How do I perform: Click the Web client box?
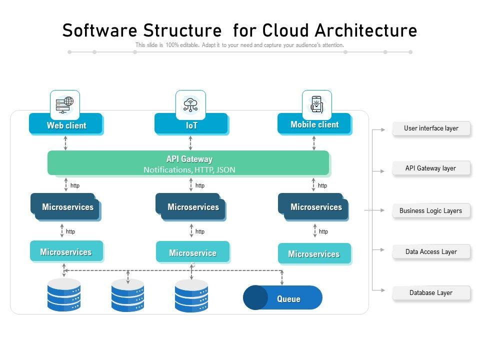click(x=66, y=125)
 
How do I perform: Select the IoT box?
click(x=191, y=125)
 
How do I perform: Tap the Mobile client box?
click(x=314, y=124)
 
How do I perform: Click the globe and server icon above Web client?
click(x=65, y=104)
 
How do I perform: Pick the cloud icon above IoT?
click(x=190, y=104)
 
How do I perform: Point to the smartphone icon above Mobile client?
click(x=316, y=104)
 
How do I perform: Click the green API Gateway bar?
click(x=188, y=163)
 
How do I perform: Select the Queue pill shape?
click(x=283, y=298)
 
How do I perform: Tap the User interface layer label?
click(x=431, y=128)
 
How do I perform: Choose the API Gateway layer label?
click(x=430, y=168)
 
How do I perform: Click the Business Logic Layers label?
click(x=430, y=210)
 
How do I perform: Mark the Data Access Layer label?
click(x=431, y=251)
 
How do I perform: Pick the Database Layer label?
click(x=431, y=293)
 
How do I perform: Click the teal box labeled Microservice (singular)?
click(x=192, y=252)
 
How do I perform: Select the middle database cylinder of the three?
click(x=127, y=295)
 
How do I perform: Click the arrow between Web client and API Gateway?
click(x=65, y=143)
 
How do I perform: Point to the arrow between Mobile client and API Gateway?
click(x=314, y=143)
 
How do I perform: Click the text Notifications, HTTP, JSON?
click(x=189, y=170)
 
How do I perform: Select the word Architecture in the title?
click(x=366, y=30)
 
